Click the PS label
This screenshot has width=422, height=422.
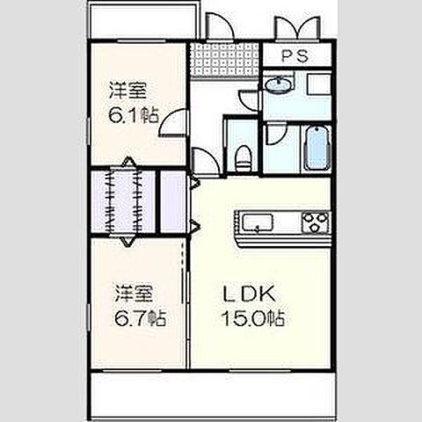[x=294, y=57]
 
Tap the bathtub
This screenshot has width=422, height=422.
[x=313, y=149]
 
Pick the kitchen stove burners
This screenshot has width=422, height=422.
[x=314, y=222]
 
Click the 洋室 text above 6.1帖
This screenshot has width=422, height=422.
[x=127, y=90]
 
